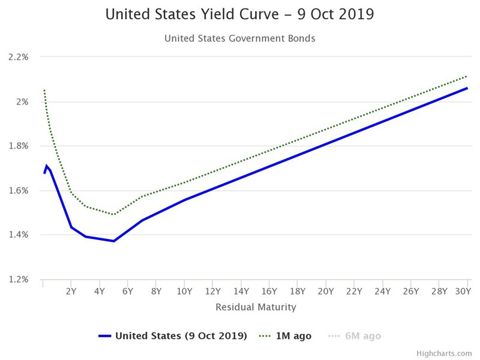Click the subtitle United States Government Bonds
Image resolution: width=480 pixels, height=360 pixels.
(239, 38)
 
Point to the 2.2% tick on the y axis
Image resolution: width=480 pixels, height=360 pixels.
(19, 57)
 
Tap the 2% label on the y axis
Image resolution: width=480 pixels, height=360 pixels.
(23, 101)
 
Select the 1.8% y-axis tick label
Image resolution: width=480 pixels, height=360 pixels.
(19, 146)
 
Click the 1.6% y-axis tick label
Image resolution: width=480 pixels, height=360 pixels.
(19, 190)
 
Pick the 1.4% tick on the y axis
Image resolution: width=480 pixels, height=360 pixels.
(19, 235)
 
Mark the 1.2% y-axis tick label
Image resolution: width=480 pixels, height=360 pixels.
(19, 279)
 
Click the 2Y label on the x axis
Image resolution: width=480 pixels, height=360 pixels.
(71, 292)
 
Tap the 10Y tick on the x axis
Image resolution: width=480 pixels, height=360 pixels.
(184, 292)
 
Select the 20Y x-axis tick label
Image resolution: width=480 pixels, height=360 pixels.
(326, 292)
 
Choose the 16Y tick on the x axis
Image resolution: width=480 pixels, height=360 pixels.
(269, 292)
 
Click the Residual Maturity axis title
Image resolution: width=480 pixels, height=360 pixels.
(256, 307)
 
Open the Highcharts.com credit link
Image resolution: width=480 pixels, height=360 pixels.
(450, 353)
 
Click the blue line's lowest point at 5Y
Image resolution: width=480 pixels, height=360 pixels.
(113, 241)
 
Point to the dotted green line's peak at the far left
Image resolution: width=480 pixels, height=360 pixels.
(44, 90)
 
